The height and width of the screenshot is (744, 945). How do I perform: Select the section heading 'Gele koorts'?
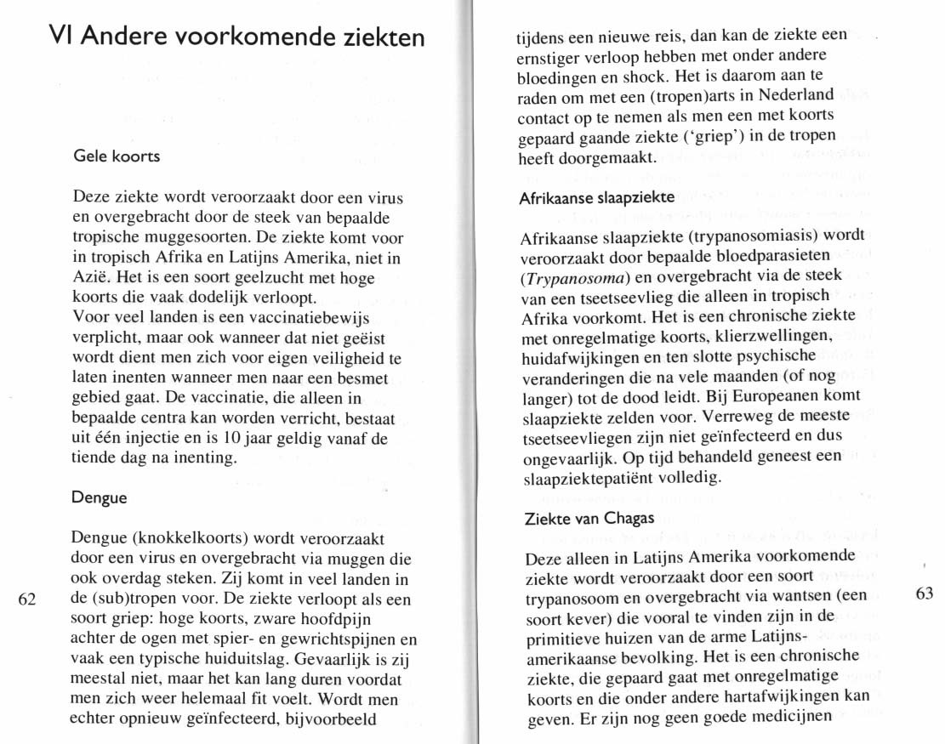click(x=117, y=156)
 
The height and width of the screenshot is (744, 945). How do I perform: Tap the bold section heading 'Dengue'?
click(x=100, y=497)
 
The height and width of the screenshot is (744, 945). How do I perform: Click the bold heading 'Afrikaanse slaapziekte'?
click(x=595, y=197)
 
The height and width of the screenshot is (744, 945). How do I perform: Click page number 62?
click(x=27, y=599)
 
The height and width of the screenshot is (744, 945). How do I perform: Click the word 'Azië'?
click(x=91, y=278)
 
